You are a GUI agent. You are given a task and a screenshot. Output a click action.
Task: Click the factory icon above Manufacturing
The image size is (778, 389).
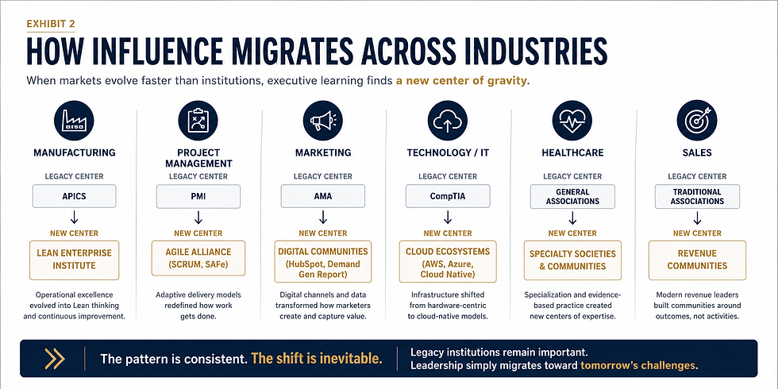(x=74, y=121)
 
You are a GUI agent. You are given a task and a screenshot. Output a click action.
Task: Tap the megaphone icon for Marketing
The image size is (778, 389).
(x=323, y=121)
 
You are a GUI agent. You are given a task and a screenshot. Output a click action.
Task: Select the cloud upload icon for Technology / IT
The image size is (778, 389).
(x=448, y=121)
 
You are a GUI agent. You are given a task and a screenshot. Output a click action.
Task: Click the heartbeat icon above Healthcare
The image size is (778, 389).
(x=572, y=121)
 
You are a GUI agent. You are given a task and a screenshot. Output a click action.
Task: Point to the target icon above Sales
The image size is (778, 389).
(x=697, y=121)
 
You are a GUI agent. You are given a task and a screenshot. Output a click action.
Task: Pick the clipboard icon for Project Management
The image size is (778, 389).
(x=198, y=121)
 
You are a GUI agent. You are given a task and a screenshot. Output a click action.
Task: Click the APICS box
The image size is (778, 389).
(x=74, y=196)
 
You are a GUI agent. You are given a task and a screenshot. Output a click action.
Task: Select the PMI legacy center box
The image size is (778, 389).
(x=198, y=196)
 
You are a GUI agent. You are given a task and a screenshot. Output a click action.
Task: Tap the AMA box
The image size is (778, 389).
(x=323, y=196)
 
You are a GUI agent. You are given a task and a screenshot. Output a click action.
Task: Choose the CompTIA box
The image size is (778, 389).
(x=448, y=196)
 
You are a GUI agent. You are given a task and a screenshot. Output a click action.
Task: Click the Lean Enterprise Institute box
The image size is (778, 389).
(x=74, y=260)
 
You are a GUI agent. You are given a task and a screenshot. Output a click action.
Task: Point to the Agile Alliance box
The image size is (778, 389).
(x=198, y=257)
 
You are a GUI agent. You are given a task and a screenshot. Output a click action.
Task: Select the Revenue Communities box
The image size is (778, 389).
(x=697, y=260)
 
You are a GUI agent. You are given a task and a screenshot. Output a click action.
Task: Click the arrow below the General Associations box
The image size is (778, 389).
(x=572, y=218)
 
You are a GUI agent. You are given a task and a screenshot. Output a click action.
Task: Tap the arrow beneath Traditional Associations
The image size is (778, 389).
(x=697, y=218)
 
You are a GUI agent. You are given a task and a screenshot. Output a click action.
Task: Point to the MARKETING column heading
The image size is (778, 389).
(x=323, y=152)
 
